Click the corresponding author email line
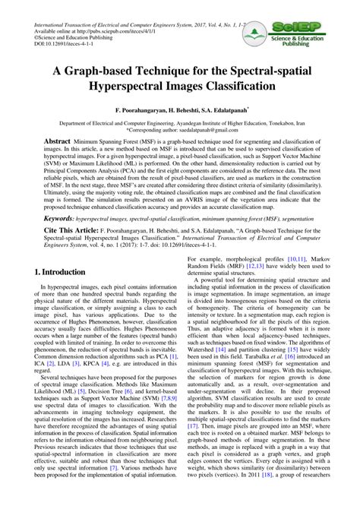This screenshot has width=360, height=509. [x=179, y=129]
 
